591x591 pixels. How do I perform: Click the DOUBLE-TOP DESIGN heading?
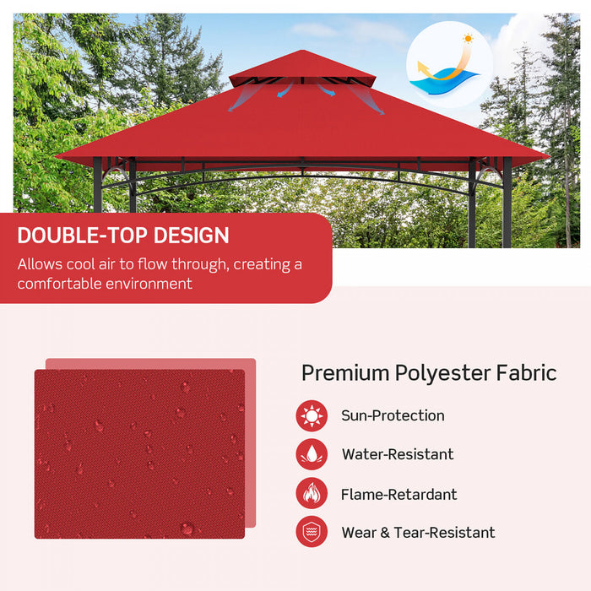point(123,236)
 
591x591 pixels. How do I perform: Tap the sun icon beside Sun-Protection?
point(312,415)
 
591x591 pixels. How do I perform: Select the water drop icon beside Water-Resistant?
point(312,454)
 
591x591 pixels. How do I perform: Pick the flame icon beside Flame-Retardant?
point(312,494)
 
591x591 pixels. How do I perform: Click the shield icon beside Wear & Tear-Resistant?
point(312,532)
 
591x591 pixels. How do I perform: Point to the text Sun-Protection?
point(393,415)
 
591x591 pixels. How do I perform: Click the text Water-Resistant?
point(397,454)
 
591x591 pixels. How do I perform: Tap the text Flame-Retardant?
point(399,494)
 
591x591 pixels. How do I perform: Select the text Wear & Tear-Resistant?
point(418,532)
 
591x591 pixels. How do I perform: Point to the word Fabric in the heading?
point(528,372)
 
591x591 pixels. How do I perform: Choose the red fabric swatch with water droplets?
point(139,453)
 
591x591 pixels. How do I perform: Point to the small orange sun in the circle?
point(467,39)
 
